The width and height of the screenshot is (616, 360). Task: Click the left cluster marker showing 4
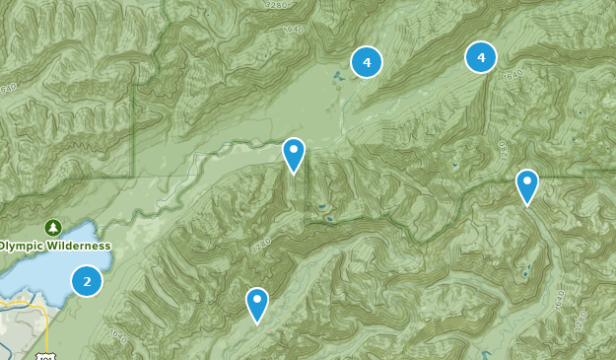click(367, 62)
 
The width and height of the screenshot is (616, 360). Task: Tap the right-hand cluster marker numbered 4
click(481, 57)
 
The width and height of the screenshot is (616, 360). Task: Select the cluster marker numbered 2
click(87, 281)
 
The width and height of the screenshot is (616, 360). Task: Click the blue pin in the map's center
click(294, 153)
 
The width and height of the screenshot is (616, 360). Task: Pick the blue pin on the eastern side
click(527, 184)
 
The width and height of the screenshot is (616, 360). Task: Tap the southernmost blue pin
click(257, 302)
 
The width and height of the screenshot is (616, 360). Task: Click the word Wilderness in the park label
click(74, 246)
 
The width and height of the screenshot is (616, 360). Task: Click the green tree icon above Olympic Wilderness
click(53, 228)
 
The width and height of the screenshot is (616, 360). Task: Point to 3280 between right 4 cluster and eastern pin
click(501, 151)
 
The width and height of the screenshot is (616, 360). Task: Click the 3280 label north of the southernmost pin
click(261, 245)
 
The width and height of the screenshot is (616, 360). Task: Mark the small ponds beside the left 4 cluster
click(338, 77)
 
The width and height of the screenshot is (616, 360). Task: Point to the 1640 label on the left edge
click(8, 90)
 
